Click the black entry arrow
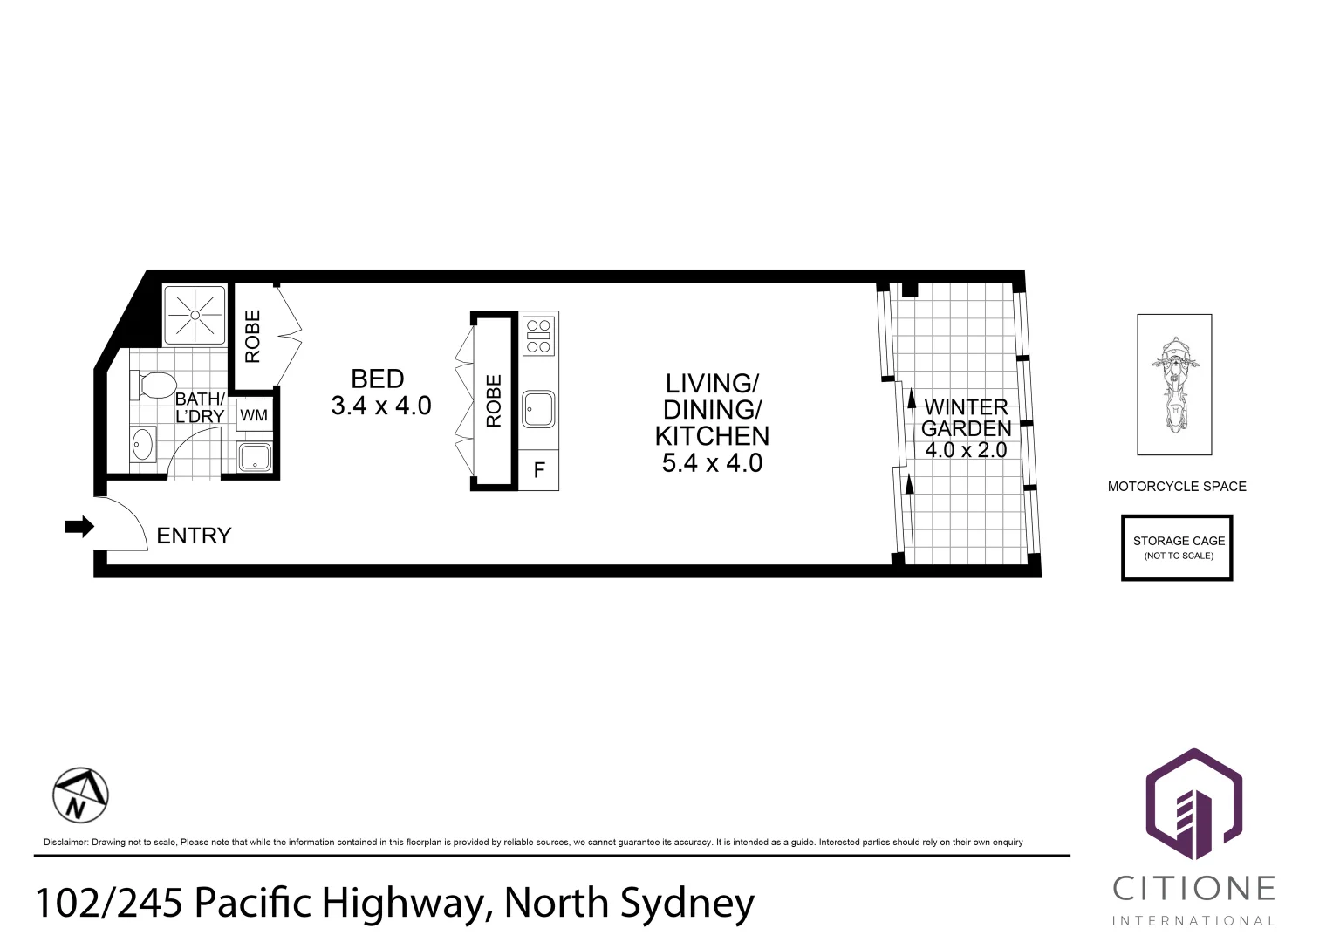79,527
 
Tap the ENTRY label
194,536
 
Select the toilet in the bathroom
154,384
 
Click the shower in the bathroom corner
195,315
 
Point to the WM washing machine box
254,416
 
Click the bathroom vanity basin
142,445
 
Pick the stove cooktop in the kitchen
538,335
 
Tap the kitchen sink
538,409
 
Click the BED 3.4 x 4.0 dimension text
381,406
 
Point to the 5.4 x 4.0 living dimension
712,463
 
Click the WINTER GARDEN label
966,418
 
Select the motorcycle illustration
1174,385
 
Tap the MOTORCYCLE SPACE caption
1176,487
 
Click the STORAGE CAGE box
1177,548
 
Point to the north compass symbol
80,795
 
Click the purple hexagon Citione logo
1193,805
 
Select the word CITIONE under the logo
1193,889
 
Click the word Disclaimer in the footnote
65,843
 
